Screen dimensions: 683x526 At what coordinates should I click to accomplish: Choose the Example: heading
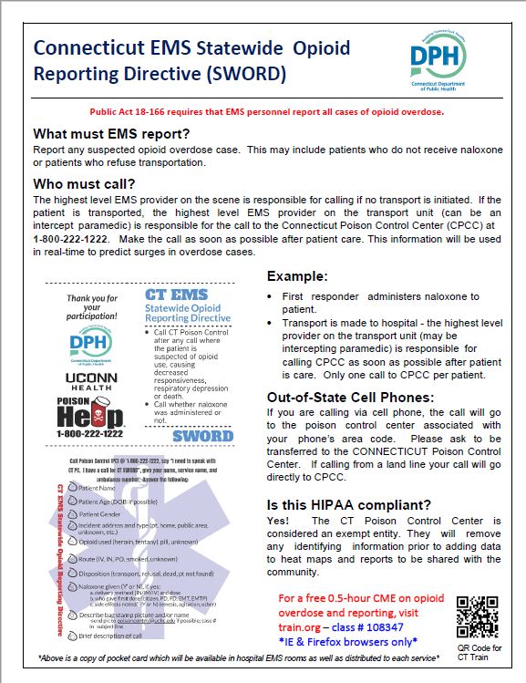point(299,276)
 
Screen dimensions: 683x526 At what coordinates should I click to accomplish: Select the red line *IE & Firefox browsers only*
point(366,644)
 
